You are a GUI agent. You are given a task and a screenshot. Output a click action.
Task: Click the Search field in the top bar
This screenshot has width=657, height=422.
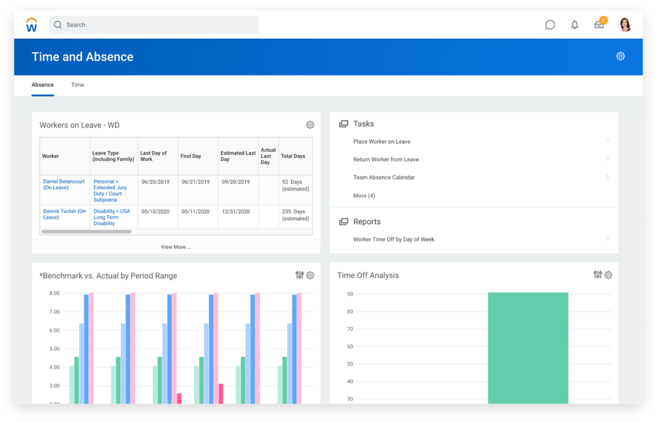coord(154,25)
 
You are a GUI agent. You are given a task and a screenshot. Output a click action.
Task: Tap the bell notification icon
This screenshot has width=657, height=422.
coord(574,25)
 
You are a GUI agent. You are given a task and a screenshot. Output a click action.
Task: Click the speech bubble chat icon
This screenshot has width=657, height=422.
coord(550,25)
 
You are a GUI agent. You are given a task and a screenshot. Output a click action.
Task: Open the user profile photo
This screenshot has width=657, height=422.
coord(625,25)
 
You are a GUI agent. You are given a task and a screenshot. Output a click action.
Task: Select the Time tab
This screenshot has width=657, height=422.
coord(78,85)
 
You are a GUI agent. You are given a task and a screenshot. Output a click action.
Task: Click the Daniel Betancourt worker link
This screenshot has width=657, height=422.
coord(64,185)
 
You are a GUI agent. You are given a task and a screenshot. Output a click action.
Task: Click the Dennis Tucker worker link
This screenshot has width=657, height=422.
coord(64,214)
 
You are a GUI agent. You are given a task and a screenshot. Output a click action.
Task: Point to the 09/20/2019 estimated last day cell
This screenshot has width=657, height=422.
coord(236,182)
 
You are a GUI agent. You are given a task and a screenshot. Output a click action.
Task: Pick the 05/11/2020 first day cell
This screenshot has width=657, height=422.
coord(196,212)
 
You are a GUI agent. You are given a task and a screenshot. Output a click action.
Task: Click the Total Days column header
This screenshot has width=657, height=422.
coord(293,156)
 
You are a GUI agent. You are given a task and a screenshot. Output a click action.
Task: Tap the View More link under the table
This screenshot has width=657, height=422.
coord(176,247)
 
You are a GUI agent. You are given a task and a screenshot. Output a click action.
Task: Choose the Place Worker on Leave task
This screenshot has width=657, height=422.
coord(382,141)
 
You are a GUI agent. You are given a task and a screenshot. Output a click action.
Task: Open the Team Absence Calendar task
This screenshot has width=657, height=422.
coord(384,177)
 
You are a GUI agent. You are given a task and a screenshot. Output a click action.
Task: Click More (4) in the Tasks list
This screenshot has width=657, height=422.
coord(364,196)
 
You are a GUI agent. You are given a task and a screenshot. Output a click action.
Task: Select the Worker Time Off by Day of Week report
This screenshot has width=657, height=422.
coord(394,239)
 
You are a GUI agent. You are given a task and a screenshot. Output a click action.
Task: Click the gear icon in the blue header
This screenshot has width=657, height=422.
coord(621,56)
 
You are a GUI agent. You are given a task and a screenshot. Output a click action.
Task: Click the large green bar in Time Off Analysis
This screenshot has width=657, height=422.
coord(528,348)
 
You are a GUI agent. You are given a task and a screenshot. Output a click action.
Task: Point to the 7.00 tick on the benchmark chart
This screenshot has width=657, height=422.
coord(55,312)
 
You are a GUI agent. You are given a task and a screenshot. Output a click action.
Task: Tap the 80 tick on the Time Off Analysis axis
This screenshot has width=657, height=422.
coord(350,312)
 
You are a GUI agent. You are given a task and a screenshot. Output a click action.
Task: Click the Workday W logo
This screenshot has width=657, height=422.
coord(32,25)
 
